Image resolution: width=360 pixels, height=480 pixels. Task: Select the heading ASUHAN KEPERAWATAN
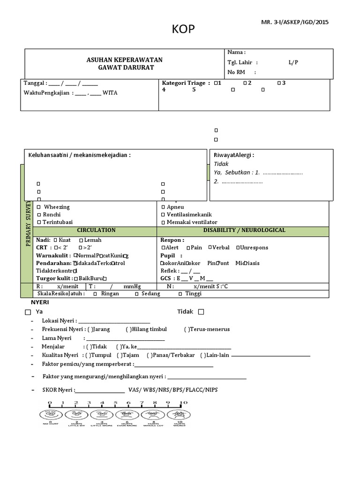[x=124, y=60]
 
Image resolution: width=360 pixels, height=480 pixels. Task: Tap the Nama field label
[x=236, y=52]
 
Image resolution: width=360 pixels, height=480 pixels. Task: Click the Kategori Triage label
[x=185, y=83]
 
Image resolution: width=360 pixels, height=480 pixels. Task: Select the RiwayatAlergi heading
[x=234, y=155]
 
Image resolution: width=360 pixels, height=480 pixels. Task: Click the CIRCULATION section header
[x=96, y=230]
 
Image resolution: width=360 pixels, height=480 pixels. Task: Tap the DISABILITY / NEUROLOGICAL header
[x=244, y=230]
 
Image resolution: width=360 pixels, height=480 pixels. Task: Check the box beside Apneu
[x=163, y=207]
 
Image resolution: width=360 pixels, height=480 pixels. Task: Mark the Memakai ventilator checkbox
[x=163, y=222]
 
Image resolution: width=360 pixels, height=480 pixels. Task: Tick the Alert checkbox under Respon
[x=163, y=247]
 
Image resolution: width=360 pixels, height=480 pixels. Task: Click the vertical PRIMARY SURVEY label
[x=28, y=223]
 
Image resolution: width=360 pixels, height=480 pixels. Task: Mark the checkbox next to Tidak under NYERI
[x=201, y=312]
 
